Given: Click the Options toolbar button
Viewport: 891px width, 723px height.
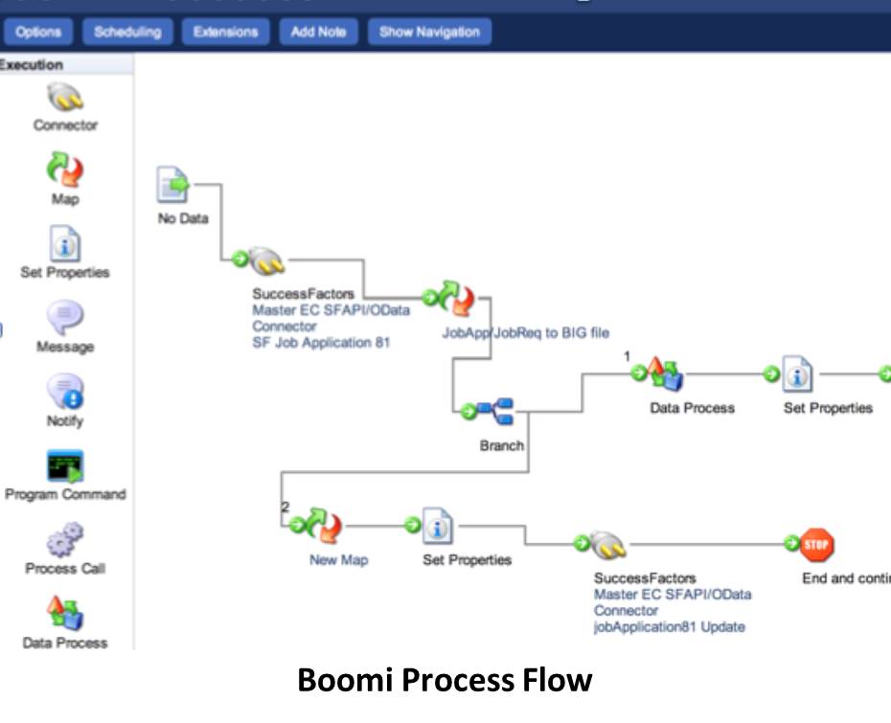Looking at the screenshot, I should (x=38, y=32).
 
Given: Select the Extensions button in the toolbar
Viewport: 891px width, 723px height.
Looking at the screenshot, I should (x=225, y=32).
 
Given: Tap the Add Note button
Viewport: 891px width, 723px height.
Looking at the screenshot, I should (x=318, y=32).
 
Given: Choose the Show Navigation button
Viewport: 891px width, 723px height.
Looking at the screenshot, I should (x=429, y=32).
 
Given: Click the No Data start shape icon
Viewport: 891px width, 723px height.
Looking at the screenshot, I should (x=174, y=184).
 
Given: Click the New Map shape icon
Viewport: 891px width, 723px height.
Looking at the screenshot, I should (x=325, y=525).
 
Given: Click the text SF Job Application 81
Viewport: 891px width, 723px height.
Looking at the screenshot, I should (x=321, y=343).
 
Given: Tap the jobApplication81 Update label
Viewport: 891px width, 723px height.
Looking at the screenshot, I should (x=669, y=627).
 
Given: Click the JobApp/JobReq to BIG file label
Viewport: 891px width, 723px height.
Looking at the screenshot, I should (x=525, y=333).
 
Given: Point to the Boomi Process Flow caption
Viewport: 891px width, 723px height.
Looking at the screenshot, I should (x=445, y=681).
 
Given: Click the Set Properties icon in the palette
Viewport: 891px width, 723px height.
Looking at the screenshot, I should (x=65, y=245).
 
